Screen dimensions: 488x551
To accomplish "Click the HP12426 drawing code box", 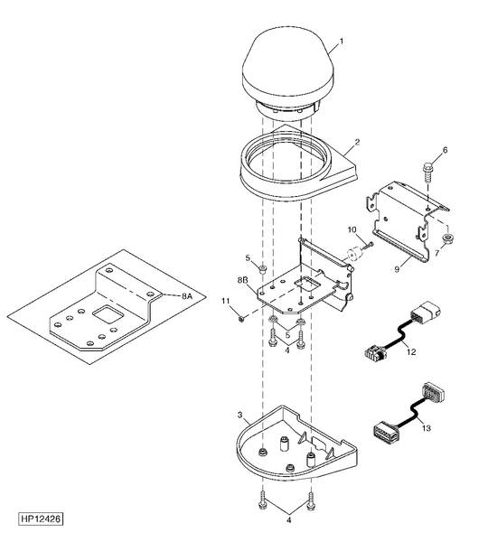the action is [x=41, y=519].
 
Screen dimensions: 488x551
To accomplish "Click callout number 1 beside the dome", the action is [x=341, y=42].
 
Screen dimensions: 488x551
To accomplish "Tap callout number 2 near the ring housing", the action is [x=357, y=142].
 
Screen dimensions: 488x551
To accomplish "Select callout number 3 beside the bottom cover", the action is [x=239, y=415].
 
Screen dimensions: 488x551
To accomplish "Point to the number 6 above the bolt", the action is [x=446, y=151].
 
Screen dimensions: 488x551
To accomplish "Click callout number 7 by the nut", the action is [x=437, y=253].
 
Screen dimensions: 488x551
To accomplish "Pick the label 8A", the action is [x=187, y=296].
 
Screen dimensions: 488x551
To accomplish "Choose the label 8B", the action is [x=242, y=280].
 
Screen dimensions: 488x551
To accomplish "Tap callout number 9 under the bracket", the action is [x=397, y=269].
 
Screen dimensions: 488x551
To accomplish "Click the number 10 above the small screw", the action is [x=352, y=229].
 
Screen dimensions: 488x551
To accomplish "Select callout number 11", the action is [x=225, y=301].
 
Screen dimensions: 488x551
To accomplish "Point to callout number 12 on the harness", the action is [x=411, y=351].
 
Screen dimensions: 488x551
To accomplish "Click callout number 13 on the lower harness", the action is [x=426, y=428].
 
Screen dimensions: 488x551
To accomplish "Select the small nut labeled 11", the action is [x=241, y=318].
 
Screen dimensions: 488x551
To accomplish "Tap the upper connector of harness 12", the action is [x=425, y=312].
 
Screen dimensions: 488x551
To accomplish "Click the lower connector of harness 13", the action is [x=385, y=431].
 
